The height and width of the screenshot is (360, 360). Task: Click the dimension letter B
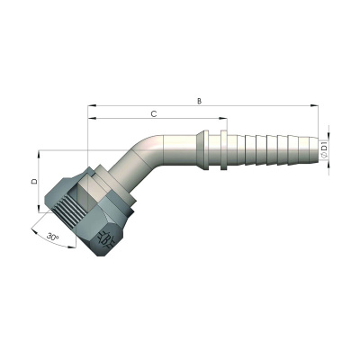[x=200, y=100]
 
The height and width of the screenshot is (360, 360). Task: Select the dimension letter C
[x=154, y=114]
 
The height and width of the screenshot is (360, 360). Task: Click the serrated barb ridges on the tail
[x=270, y=148]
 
